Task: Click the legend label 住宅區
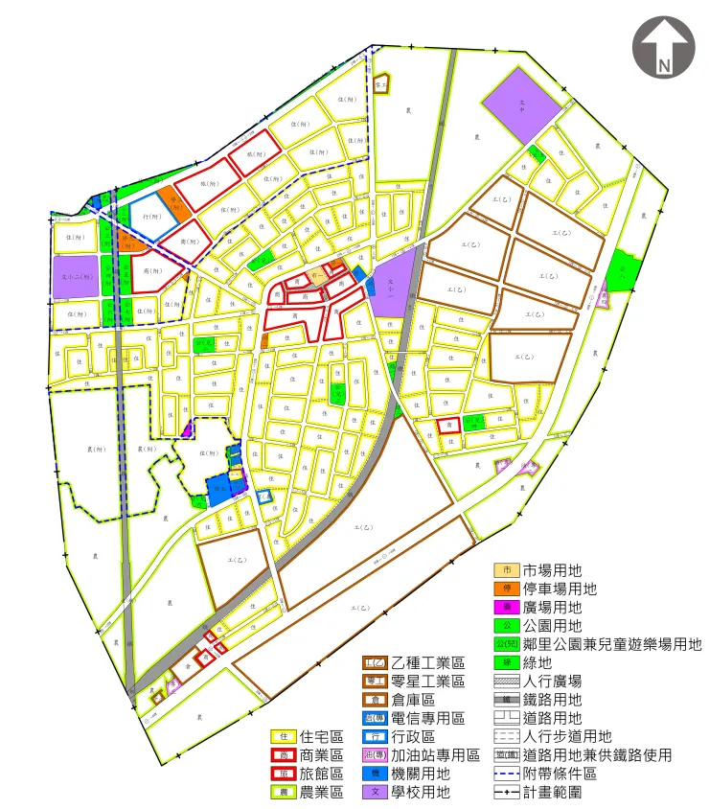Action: (321, 736)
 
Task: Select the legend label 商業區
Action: (321, 755)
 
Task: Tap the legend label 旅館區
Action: (321, 774)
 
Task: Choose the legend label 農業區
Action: (321, 792)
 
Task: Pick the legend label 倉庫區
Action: (412, 700)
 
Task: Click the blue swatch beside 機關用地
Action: (375, 774)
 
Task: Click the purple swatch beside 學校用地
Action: (375, 792)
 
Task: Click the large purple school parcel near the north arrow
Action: (520, 108)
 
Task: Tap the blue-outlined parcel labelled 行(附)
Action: (151, 217)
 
